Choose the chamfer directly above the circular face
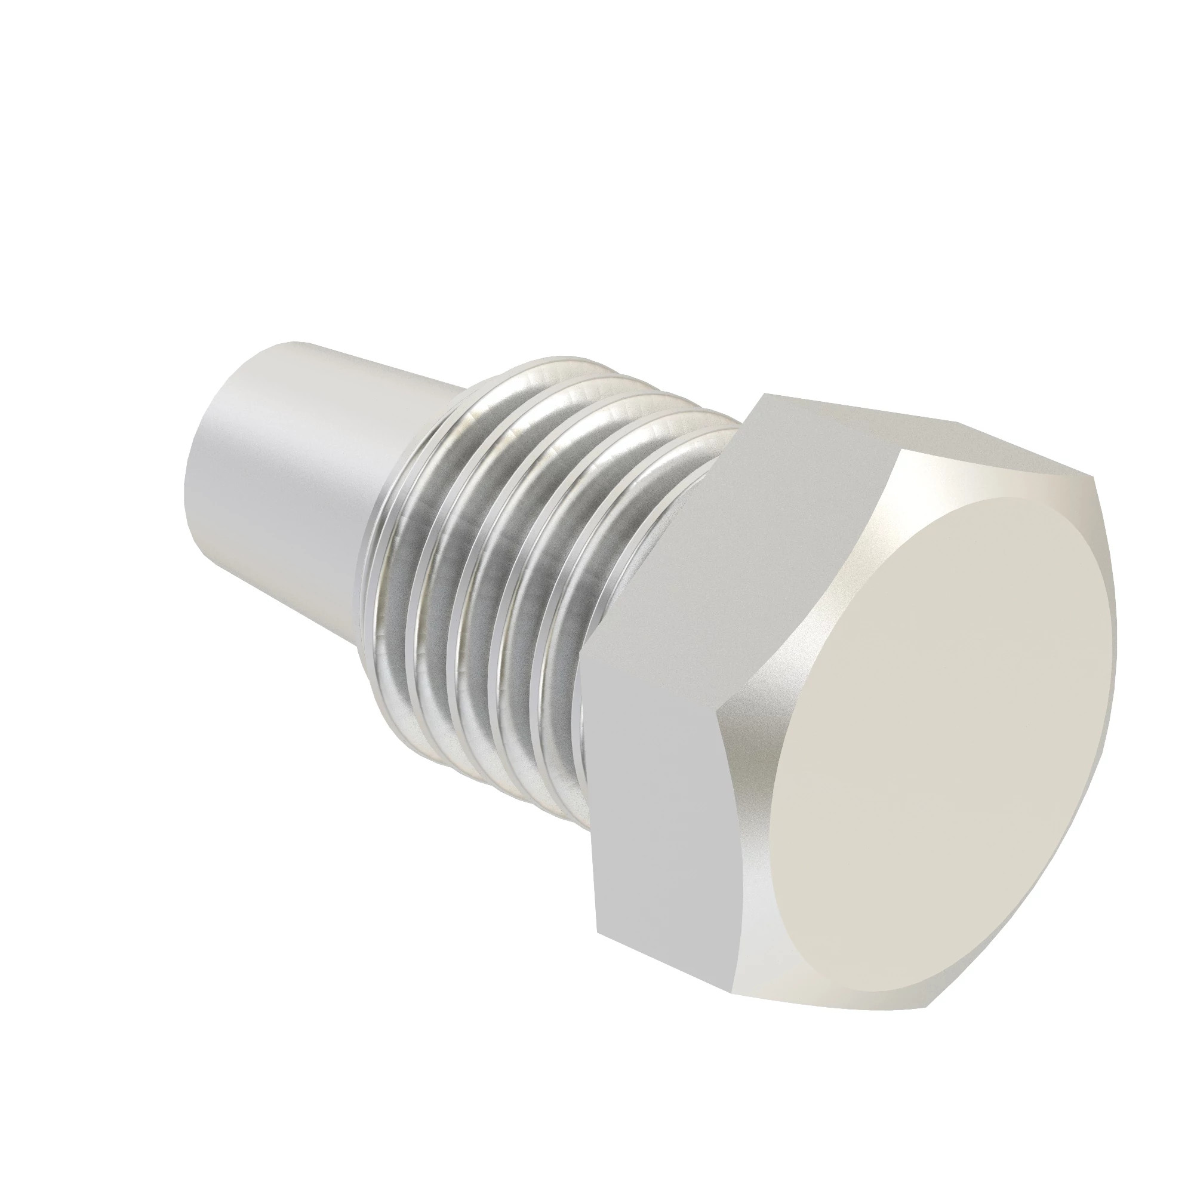tap(989, 488)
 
